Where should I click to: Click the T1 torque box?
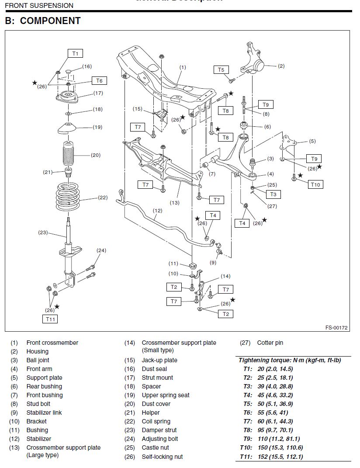pyautogui.click(x=75, y=53)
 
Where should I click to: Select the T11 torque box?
pyautogui.click(x=50, y=319)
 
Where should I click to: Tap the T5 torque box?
pyautogui.click(x=221, y=69)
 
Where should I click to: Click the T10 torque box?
pyautogui.click(x=315, y=184)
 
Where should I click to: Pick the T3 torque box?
pyautogui.click(x=273, y=194)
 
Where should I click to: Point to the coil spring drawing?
pyautogui.click(x=68, y=197)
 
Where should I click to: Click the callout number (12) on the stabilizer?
pyautogui.click(x=158, y=211)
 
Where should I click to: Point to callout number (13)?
pyautogui.click(x=175, y=203)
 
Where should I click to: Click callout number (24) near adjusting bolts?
pyautogui.click(x=101, y=250)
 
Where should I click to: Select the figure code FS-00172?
pyautogui.click(x=336, y=327)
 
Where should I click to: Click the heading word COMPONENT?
pyautogui.click(x=50, y=21)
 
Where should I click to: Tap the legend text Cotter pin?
pyautogui.click(x=270, y=343)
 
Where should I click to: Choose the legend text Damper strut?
pyautogui.click(x=159, y=430)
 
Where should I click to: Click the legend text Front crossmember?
pyautogui.click(x=52, y=343)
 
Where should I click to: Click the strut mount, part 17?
pyautogui.click(x=67, y=97)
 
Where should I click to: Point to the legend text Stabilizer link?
pyautogui.click(x=44, y=413)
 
